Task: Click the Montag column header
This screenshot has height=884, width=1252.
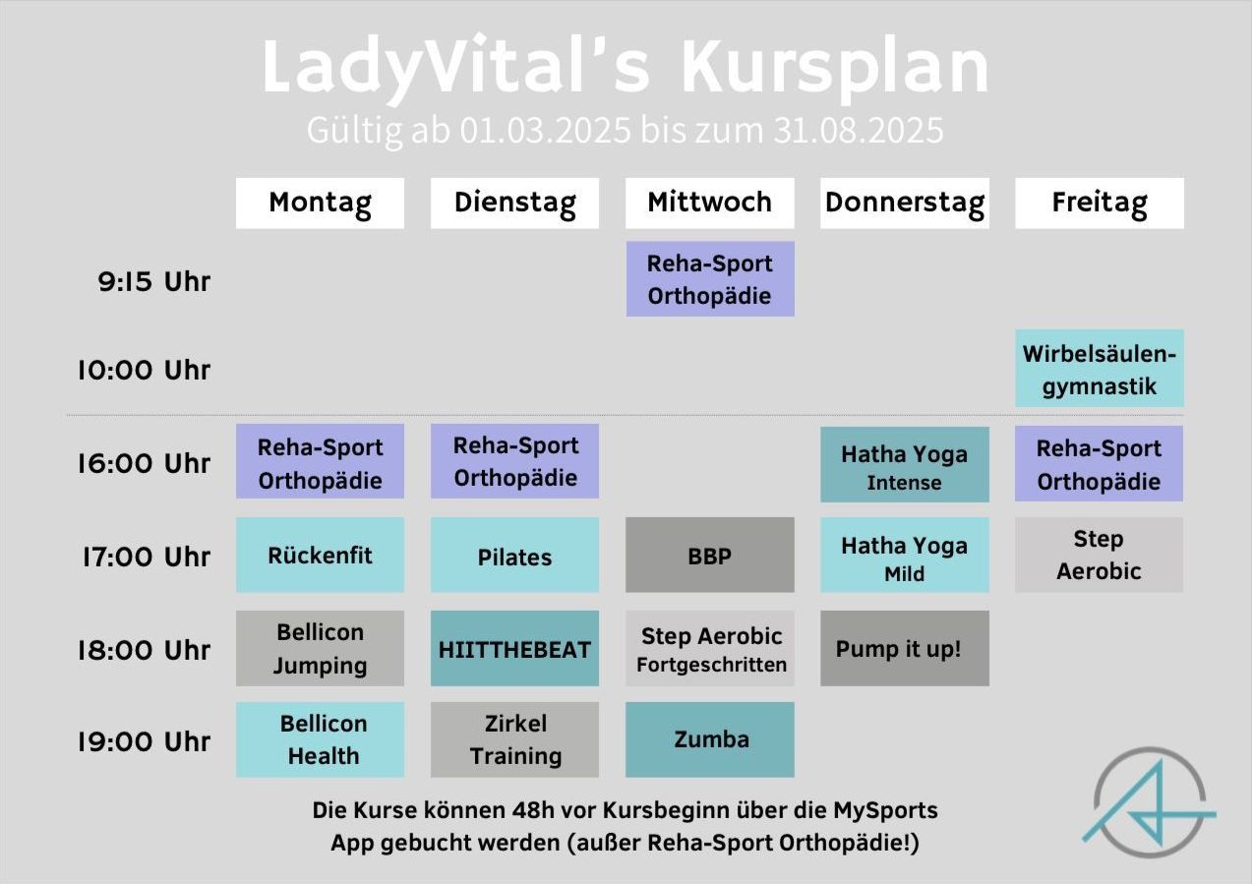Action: pos(320,203)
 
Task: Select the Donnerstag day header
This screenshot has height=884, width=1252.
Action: pos(905,203)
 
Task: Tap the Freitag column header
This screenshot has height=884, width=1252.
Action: pos(1100,203)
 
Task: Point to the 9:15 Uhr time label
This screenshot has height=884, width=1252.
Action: pos(154,281)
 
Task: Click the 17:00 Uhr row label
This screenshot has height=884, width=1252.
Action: pos(147,557)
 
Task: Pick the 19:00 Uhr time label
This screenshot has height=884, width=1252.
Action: pos(145,741)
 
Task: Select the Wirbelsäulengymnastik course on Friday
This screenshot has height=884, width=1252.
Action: pos(1100,368)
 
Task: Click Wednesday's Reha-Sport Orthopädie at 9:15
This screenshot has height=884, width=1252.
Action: pos(710,279)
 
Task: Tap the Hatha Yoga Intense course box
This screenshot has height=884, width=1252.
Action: pos(905,464)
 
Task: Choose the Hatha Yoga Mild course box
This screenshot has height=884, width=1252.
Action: pos(905,555)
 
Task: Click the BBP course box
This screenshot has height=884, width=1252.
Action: pos(710,555)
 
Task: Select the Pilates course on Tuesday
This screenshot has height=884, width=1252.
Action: pos(514,555)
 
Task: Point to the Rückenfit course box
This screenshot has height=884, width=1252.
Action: pos(320,555)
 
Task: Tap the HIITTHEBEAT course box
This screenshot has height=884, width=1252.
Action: pos(514,648)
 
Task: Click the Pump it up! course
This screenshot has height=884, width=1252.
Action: pos(905,648)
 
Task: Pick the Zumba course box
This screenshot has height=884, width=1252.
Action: pos(710,739)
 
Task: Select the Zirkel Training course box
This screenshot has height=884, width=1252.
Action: pos(514,739)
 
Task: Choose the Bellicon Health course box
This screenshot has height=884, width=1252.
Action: pos(320,739)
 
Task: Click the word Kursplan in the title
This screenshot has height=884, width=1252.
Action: pos(835,68)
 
